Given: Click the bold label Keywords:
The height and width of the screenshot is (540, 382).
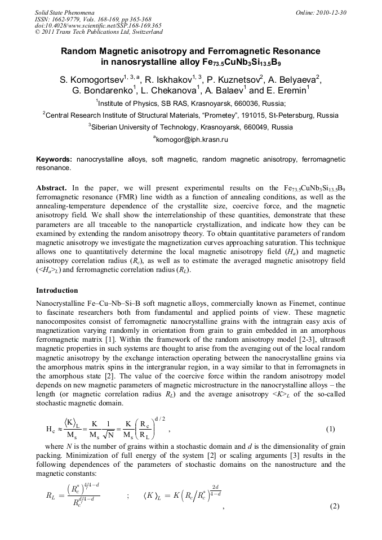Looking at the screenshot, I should [54, 160].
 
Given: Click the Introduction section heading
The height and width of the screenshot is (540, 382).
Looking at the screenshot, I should [57, 291].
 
